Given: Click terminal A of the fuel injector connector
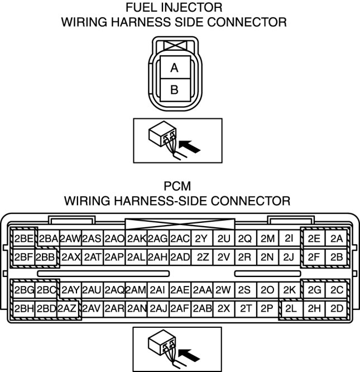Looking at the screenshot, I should pos(174,68).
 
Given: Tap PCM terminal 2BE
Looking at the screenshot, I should pos(24,239).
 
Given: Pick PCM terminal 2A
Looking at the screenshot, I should pos(336,239).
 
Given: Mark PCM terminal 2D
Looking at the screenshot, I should pos(336,308).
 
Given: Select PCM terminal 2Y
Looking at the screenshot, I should pos(201,239).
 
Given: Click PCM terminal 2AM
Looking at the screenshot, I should pos(136,290).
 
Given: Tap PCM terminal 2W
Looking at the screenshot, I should pos(223,290).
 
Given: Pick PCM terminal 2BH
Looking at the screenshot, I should pos(24,308).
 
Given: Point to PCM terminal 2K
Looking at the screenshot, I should pos(289,290).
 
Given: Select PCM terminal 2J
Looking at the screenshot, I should pos(288,257).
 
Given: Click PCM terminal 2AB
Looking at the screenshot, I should pos(201,308).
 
